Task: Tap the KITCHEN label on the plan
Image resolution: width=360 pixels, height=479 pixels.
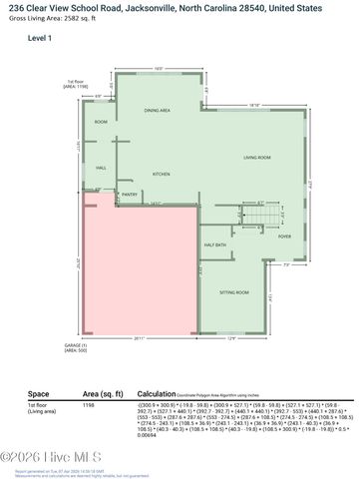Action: (x=163, y=174)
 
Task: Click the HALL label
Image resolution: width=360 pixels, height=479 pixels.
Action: (x=100, y=168)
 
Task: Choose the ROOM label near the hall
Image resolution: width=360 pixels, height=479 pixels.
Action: (x=100, y=122)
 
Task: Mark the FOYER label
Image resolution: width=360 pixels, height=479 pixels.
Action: (x=284, y=237)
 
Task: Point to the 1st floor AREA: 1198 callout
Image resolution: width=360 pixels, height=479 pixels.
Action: (x=77, y=85)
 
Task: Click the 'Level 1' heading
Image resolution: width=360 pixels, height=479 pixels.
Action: (x=41, y=37)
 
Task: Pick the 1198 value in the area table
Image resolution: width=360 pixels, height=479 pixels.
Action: (x=89, y=406)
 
